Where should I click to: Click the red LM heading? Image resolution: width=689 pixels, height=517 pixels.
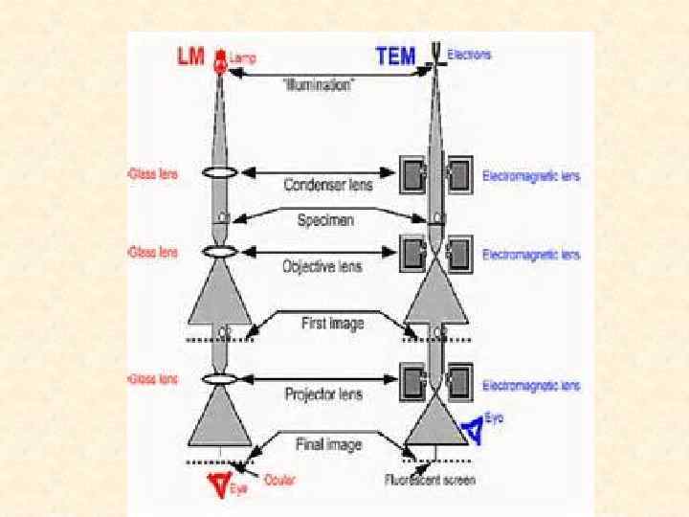coord(190,57)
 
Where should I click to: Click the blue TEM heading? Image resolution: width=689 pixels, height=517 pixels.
coord(396,56)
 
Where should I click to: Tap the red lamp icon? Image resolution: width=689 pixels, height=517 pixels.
coord(219,60)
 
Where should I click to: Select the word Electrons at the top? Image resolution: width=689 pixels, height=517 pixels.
coord(469,55)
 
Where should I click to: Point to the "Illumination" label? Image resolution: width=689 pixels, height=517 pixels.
coord(319,84)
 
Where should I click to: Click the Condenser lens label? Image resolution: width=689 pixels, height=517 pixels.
coord(319,184)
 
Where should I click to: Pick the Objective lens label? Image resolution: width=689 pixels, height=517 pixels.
coord(322,265)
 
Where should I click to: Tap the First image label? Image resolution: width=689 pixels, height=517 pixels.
coord(332,323)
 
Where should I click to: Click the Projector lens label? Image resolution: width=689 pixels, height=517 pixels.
coord(322,393)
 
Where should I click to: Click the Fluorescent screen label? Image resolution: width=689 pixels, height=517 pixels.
coord(430,479)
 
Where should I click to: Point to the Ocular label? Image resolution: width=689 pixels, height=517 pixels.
coord(280,478)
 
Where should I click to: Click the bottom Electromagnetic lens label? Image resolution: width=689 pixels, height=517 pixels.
coord(531,386)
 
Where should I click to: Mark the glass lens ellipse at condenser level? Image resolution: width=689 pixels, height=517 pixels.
coord(220,173)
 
